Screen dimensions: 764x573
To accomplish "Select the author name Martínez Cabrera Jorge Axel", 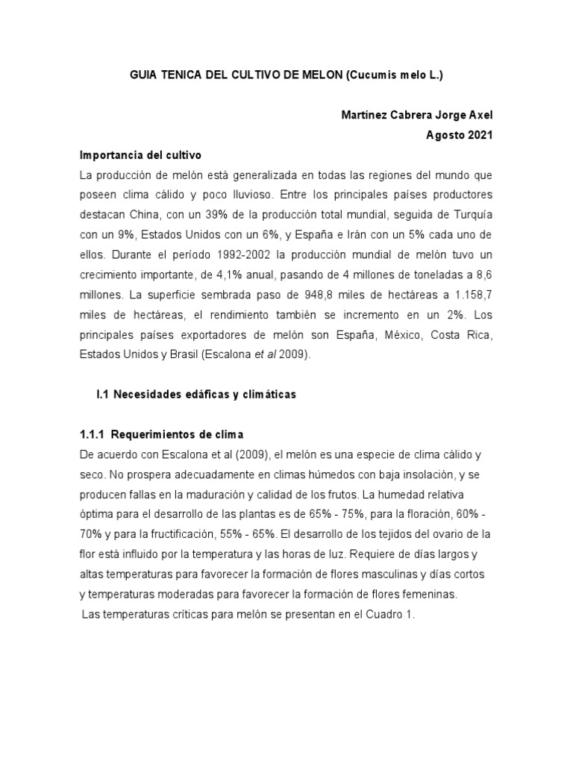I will (x=416, y=115).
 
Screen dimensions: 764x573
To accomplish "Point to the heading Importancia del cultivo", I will (x=140, y=154).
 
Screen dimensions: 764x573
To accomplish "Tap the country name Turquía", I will (x=472, y=214).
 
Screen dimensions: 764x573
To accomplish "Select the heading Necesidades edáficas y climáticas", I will (x=204, y=395).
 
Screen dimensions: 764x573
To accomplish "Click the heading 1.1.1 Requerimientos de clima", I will (x=162, y=434).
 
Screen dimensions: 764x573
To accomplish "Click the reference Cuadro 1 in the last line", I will (x=390, y=615).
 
